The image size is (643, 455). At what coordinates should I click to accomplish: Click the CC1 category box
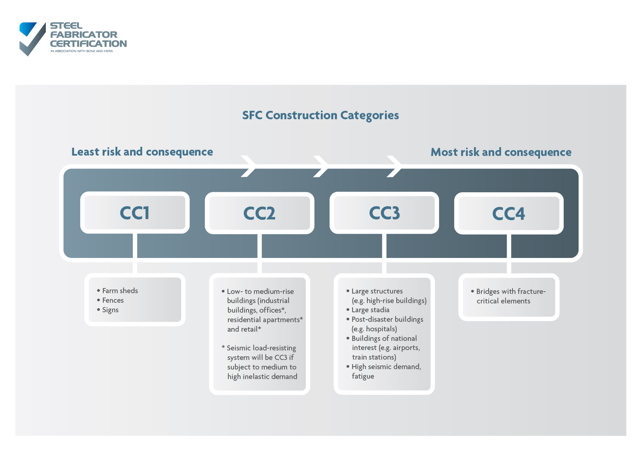(135, 212)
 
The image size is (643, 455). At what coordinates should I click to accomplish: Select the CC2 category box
(260, 213)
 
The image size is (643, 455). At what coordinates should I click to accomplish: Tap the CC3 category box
(384, 213)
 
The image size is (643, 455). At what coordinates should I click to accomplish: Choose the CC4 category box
(509, 214)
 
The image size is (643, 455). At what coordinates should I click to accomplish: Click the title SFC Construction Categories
(320, 115)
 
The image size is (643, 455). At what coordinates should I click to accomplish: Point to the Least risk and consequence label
(142, 152)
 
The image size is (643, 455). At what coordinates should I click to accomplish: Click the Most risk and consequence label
(501, 152)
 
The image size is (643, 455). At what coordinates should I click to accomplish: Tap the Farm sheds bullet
(120, 291)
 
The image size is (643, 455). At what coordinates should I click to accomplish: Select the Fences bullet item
(113, 300)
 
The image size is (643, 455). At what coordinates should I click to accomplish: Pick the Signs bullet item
(110, 310)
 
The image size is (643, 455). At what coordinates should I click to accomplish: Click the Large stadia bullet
(370, 310)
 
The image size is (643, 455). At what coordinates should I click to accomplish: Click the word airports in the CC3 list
(406, 347)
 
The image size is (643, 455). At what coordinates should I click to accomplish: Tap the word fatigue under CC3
(363, 376)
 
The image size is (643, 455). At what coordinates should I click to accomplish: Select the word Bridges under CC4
(488, 291)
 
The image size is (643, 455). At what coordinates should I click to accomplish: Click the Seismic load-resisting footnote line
(261, 348)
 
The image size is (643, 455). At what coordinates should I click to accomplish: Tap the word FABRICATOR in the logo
(84, 34)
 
